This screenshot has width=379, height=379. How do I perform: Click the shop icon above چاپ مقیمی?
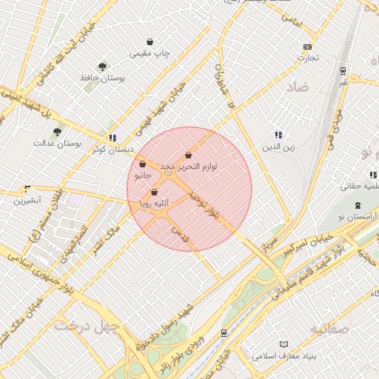[x=150, y=42]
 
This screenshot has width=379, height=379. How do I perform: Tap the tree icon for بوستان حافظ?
[x=102, y=67]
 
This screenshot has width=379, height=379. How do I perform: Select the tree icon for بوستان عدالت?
[x=57, y=132]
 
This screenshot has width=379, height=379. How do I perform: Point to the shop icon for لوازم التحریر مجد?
[x=188, y=155]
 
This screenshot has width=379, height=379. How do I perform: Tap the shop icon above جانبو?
[x=142, y=165]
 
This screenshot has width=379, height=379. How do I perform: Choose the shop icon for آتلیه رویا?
[x=154, y=192]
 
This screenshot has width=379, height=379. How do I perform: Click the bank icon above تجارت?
[x=308, y=47]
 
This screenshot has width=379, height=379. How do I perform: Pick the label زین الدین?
[x=278, y=147]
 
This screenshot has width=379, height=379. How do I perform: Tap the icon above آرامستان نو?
[x=358, y=204]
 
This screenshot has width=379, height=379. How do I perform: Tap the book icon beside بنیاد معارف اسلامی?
[x=284, y=344]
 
